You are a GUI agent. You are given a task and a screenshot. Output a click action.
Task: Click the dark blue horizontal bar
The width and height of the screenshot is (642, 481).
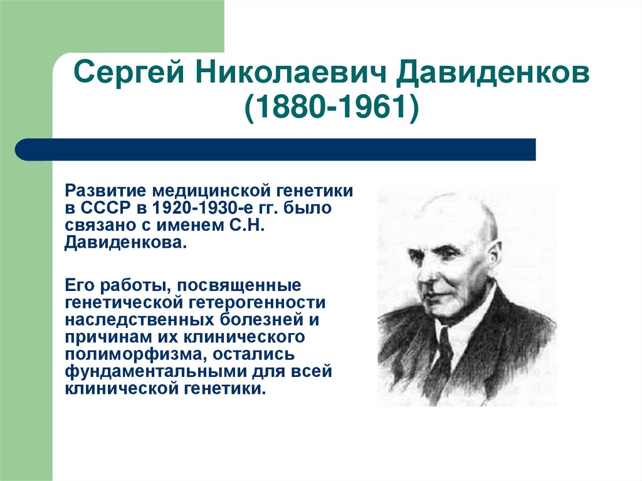276,149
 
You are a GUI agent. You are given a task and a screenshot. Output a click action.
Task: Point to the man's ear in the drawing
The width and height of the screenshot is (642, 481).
494,257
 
